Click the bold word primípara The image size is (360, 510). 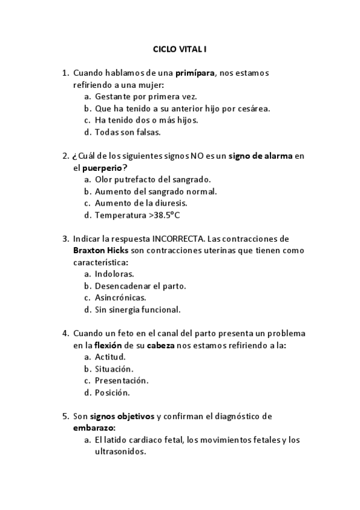click(195, 73)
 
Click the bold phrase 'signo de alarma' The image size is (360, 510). click(261, 156)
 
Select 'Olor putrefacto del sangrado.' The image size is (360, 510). click(153, 179)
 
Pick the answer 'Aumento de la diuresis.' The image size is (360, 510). click(142, 203)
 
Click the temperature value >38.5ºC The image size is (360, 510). click(180, 215)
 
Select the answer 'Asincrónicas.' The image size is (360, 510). click(121, 298)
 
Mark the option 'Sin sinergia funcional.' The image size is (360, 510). click(138, 310)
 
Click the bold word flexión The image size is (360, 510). click(110, 345)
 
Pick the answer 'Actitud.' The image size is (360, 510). click(110, 357)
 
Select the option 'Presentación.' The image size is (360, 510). click(121, 380)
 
